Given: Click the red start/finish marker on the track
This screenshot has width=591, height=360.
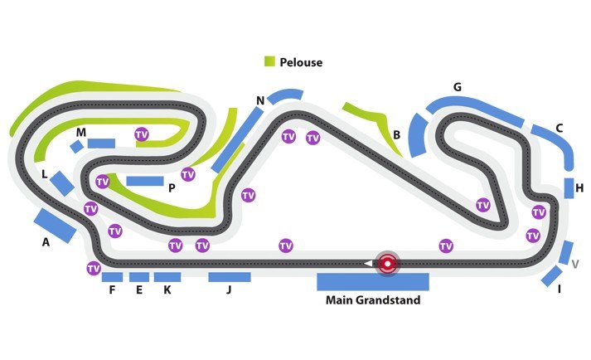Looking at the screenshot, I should point(386,264).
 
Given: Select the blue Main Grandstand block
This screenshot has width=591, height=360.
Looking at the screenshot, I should point(372,281).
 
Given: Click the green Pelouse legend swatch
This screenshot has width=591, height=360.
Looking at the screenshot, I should point(269,62).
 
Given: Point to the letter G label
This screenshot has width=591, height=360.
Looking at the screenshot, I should point(457,87).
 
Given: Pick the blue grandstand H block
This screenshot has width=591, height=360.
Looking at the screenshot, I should point(569,188).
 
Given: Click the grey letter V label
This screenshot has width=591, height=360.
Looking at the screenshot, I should point(574,263).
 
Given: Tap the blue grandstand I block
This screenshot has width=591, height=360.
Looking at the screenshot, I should point(551,277).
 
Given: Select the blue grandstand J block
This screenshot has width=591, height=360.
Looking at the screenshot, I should point(229,277).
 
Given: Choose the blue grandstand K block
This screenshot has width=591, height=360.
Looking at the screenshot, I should point(167,277).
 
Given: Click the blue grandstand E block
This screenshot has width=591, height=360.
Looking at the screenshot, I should point(139,277).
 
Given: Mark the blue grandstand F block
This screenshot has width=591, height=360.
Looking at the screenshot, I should point(112,277).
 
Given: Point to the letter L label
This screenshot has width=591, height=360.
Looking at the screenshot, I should point(45,174).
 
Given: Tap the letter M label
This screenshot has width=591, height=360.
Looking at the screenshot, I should point(80,133).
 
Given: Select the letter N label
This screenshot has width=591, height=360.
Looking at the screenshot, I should point(260,101).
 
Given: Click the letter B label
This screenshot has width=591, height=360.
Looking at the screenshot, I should point(397,134).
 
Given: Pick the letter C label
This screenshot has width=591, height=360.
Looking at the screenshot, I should point(560,128).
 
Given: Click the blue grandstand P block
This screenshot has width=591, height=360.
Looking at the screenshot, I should point(145,181).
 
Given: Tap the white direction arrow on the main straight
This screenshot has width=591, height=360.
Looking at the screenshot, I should point(367,264).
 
